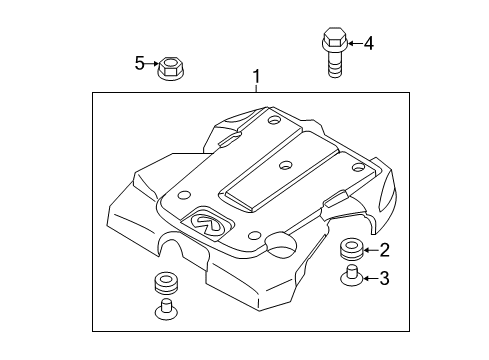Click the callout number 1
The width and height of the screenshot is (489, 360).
(x=257, y=77)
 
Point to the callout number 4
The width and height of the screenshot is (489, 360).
(x=369, y=43)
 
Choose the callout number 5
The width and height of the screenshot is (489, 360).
(x=140, y=64)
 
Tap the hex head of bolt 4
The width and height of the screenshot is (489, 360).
(x=332, y=42)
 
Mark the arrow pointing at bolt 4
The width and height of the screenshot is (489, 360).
(x=352, y=43)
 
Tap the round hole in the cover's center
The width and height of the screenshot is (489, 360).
(x=285, y=163)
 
